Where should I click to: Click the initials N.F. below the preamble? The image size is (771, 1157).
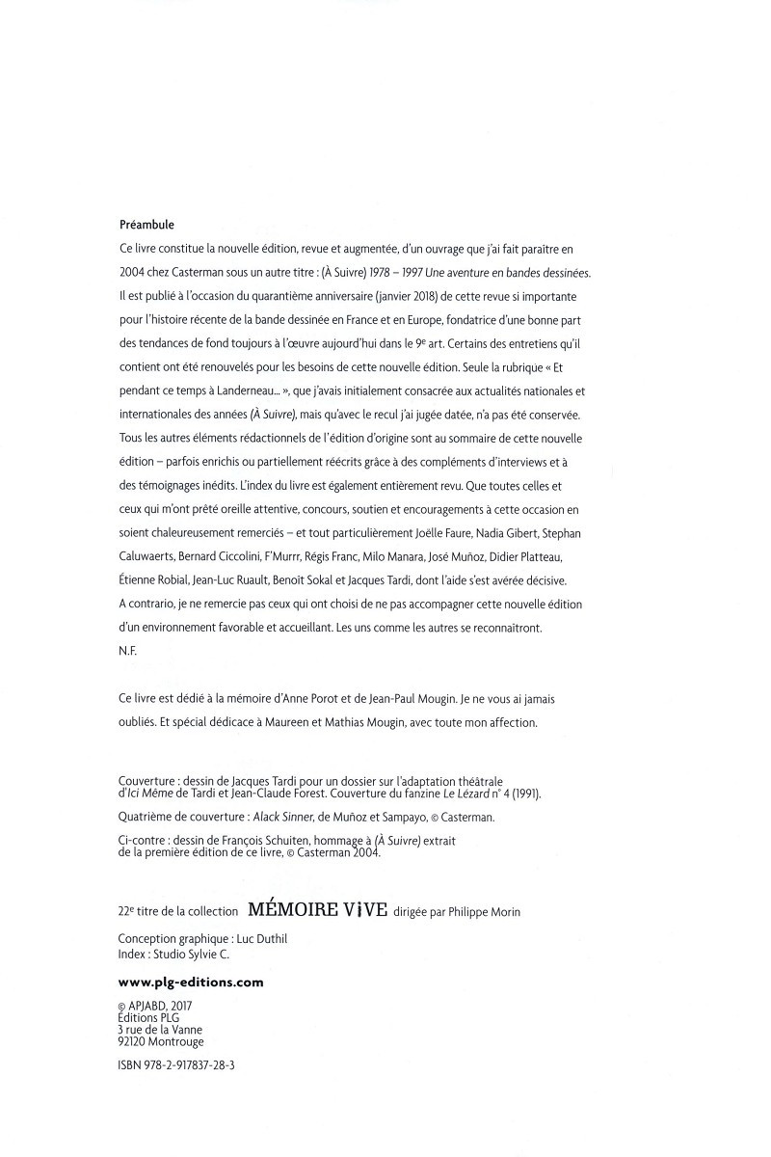coord(127,651)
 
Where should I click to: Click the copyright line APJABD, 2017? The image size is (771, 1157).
coord(160,1005)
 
